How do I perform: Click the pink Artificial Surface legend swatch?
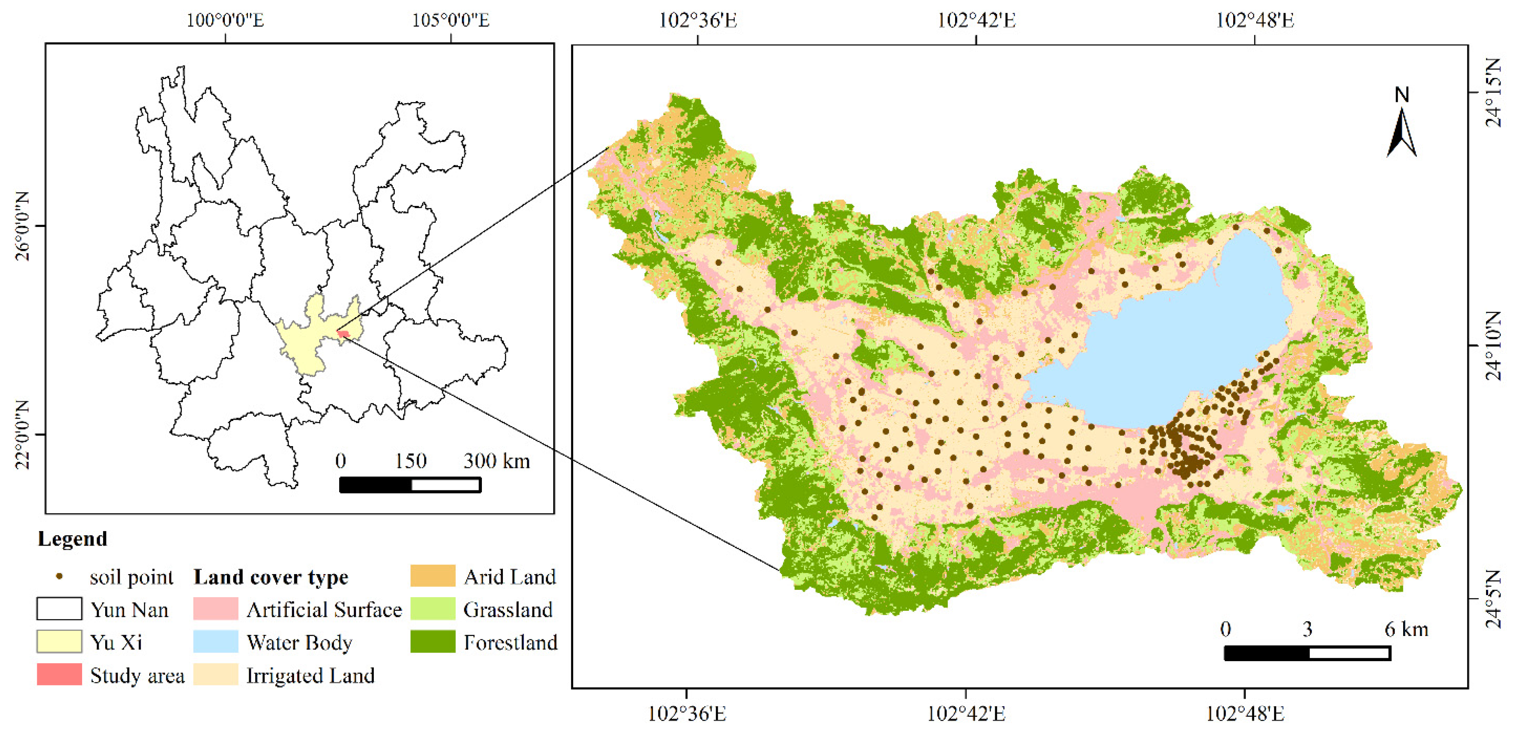(215, 609)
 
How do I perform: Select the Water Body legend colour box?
(215, 642)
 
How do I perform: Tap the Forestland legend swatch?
(433, 642)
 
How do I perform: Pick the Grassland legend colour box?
(433, 609)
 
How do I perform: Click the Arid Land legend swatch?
(433, 576)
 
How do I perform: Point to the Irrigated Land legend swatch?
(215, 675)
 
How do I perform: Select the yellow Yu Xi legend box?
(59, 642)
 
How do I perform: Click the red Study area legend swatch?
(59, 675)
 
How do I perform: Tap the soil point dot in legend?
(59, 576)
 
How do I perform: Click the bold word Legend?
(73, 539)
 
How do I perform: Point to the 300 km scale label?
(496, 461)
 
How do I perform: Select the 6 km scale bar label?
(1406, 629)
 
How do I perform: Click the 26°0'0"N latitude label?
(22, 226)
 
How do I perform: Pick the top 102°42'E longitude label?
(977, 21)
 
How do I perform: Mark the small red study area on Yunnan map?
(343, 334)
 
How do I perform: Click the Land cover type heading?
(271, 577)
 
